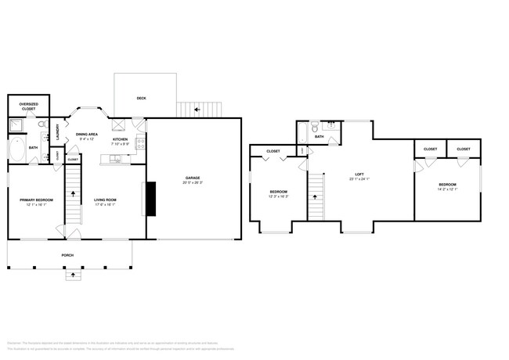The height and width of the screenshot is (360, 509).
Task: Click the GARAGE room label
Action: [x=192, y=178]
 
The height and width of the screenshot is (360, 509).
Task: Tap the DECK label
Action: [x=141, y=98]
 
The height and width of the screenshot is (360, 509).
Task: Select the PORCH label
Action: [x=69, y=255]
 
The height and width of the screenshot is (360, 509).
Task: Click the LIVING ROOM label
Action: [x=106, y=200]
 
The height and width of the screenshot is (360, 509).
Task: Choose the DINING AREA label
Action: [x=86, y=134]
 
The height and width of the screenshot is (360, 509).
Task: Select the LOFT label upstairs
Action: [x=359, y=174]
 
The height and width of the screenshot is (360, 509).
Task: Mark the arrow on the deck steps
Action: [x=197, y=110]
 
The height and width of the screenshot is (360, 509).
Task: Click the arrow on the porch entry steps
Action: [x=73, y=275]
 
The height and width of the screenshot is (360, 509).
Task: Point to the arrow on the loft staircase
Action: [x=316, y=197]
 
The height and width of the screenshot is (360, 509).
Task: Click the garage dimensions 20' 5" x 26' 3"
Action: [x=192, y=184]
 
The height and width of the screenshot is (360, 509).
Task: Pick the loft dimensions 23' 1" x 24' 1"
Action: [x=359, y=179]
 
